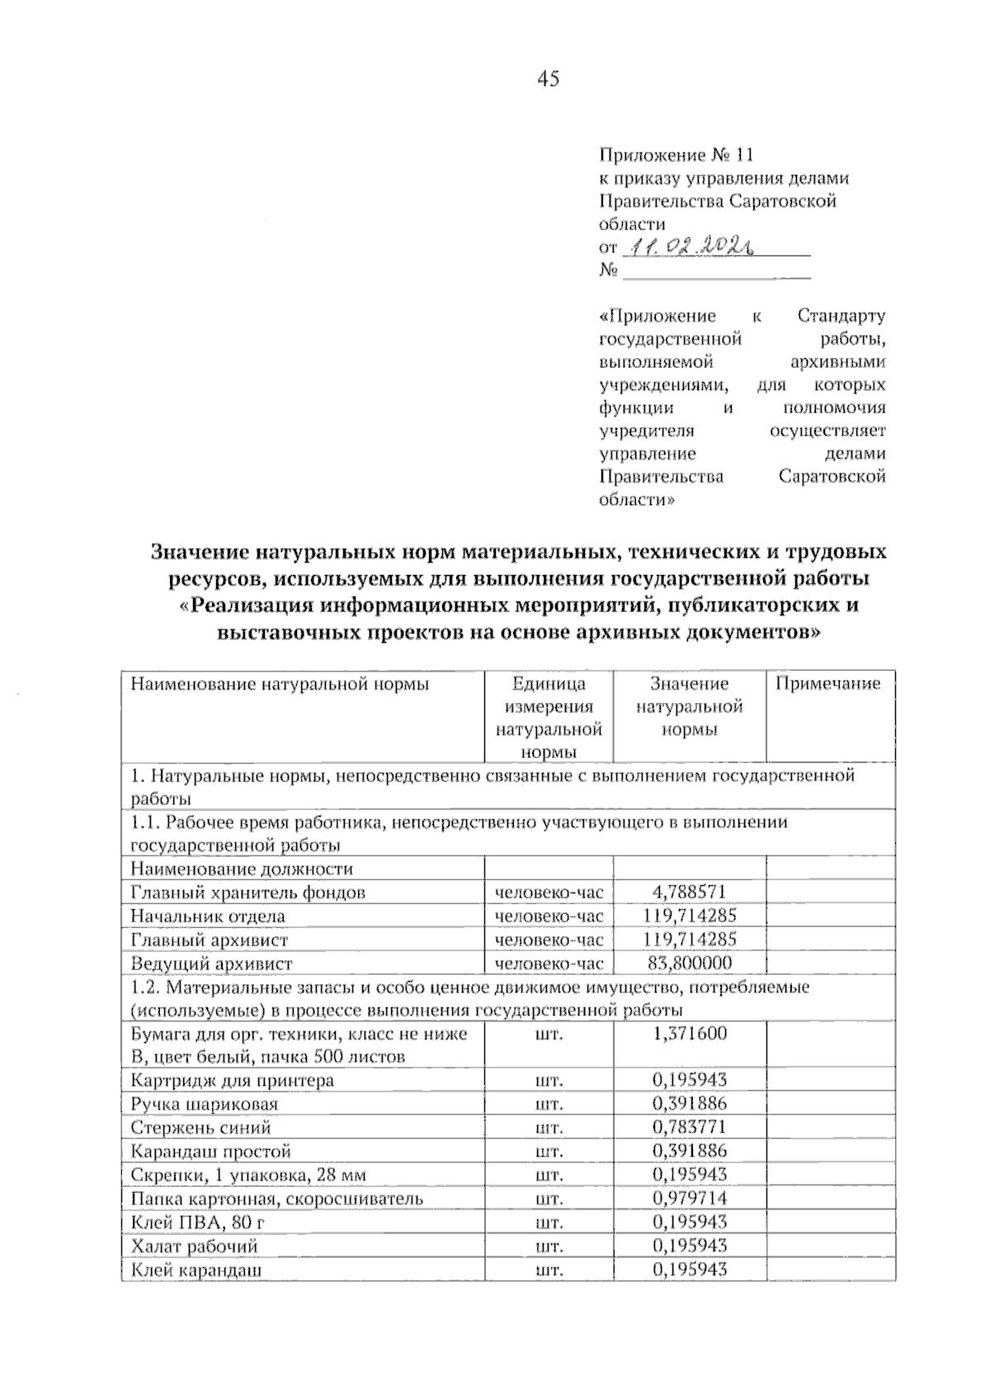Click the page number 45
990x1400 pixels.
548,79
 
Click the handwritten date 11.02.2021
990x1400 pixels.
693,246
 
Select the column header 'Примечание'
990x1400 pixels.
828,683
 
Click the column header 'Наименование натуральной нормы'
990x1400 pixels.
280,683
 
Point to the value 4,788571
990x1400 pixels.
689,892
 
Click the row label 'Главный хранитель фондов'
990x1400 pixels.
247,892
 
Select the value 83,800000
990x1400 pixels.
689,963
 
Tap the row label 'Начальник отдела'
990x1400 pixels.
208,916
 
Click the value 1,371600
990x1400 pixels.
689,1034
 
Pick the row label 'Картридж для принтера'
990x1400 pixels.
233,1080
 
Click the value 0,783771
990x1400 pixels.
689,1127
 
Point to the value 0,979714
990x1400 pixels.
689,1198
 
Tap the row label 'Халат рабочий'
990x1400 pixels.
195,1246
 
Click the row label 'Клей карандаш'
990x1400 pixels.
196,1270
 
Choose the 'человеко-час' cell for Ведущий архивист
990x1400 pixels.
549,963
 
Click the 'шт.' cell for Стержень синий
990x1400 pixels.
549,1127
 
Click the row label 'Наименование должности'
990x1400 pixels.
242,869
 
